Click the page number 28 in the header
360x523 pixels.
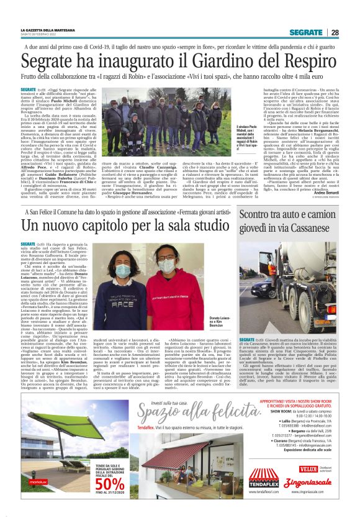click(335, 32)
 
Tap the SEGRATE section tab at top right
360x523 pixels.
click(306, 32)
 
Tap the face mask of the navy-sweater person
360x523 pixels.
click(123, 270)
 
